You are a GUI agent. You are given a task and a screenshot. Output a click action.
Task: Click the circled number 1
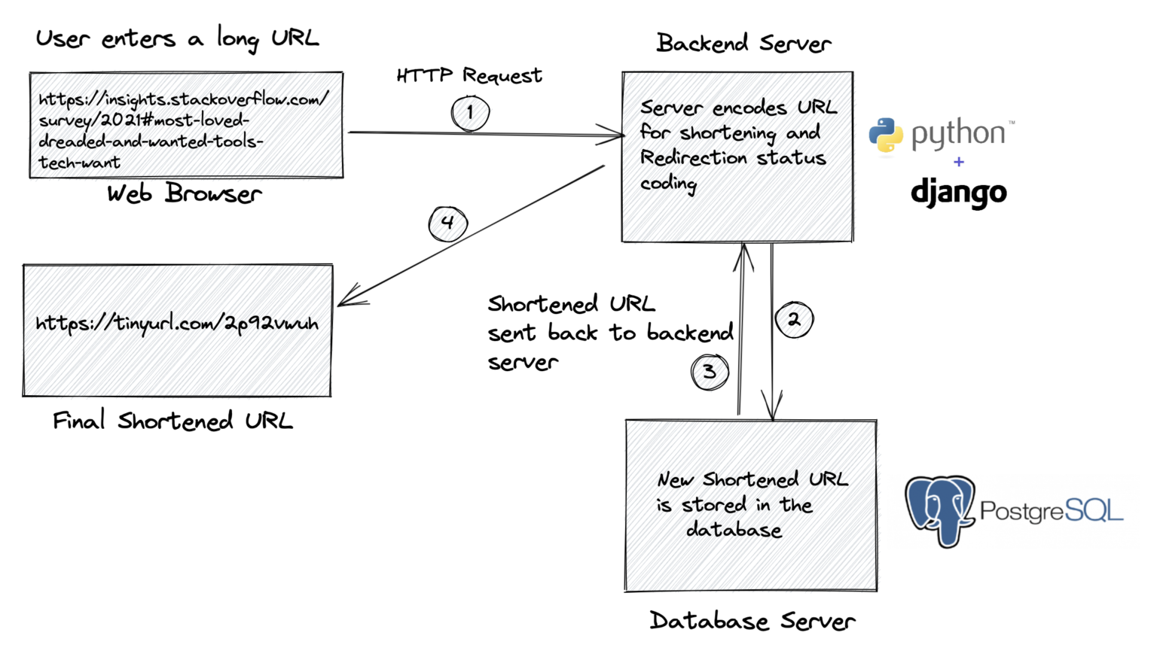point(470,114)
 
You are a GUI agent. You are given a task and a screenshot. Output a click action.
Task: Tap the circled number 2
point(794,320)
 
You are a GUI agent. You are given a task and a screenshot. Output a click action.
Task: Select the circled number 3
point(710,372)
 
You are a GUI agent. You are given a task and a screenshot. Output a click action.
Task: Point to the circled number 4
point(448,224)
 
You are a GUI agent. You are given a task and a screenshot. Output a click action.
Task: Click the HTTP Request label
point(469,75)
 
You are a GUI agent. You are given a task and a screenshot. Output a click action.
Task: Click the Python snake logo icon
point(886,135)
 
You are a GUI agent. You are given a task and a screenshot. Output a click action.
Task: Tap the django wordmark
point(958,193)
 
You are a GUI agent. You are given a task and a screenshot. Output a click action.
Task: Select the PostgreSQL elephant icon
point(939,509)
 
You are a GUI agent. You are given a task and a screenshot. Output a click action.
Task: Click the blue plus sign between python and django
point(958,162)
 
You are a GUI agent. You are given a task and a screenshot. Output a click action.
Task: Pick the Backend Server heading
point(743,44)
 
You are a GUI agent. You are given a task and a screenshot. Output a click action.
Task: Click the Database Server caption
point(752,621)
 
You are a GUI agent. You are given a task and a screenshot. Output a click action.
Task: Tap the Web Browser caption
point(184,194)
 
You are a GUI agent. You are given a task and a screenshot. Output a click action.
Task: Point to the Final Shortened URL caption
point(172,421)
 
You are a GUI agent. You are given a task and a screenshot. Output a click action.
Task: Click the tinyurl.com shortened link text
point(177,324)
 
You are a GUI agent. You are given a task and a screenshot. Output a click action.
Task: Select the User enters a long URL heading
point(178,38)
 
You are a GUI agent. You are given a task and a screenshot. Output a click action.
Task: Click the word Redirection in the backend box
point(694,158)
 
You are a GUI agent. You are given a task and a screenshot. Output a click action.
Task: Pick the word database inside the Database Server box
point(734,530)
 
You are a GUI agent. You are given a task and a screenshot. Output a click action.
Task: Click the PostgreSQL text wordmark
point(1051,512)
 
